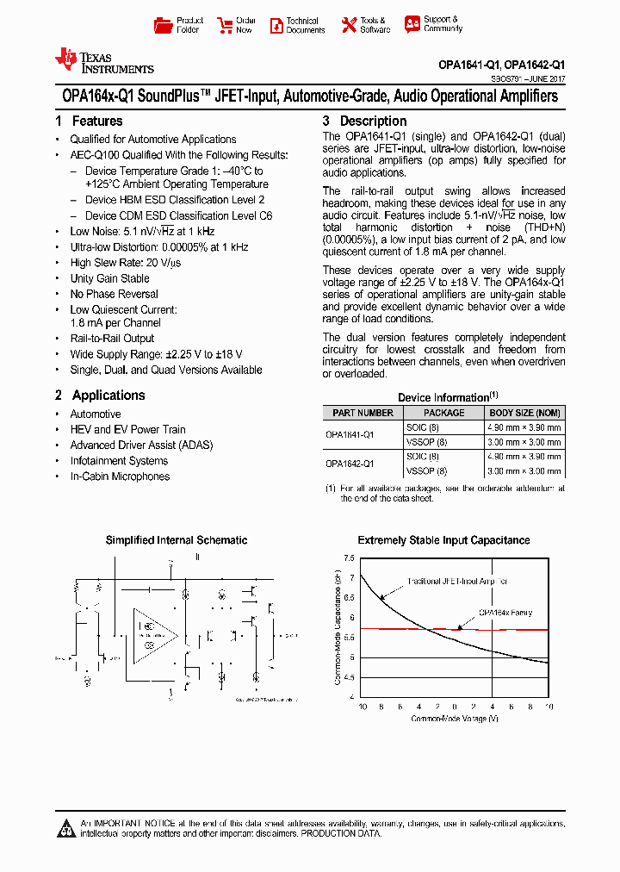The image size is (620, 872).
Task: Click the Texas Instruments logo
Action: tap(103, 60)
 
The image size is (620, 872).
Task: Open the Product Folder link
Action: tap(179, 25)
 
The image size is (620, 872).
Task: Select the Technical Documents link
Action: tap(297, 25)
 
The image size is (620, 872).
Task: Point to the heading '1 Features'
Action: tap(89, 121)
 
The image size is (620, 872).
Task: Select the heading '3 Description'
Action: tap(364, 121)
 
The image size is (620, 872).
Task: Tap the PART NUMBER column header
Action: tap(363, 413)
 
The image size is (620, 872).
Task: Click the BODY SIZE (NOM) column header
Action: tap(524, 413)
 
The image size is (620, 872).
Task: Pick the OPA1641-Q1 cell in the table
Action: tap(350, 434)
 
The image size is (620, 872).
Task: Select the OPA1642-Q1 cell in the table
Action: tap(350, 464)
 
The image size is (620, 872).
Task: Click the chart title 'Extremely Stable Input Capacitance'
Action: tap(443, 540)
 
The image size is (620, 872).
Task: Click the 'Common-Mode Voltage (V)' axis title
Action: tap(454, 718)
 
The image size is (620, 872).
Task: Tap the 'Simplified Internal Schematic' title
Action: tap(177, 540)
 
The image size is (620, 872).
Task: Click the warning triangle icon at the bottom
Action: tap(66, 829)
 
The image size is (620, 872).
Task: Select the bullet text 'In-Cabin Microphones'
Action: tap(120, 476)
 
